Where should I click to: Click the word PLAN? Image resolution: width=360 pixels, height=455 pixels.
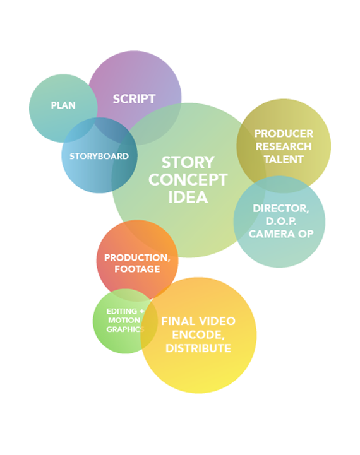click(63, 105)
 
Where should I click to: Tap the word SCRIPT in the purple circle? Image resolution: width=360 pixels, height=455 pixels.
click(134, 99)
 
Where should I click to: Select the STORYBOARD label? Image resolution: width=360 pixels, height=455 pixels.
click(99, 156)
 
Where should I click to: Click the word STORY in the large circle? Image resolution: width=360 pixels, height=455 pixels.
click(188, 163)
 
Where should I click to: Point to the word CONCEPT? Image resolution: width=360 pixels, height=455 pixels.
click(188, 180)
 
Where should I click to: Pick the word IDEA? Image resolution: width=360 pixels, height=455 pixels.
click(188, 198)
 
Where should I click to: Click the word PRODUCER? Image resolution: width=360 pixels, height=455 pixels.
click(284, 134)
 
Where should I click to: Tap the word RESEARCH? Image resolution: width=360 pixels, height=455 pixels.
click(284, 146)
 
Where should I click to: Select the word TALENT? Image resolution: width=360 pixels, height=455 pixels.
click(284, 159)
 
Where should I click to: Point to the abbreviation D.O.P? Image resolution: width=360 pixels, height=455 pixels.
click(281, 221)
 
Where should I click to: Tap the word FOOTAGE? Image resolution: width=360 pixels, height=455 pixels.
click(137, 269)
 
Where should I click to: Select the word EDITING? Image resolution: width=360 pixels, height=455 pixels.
click(122, 311)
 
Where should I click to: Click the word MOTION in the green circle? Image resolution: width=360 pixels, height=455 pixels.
click(124, 320)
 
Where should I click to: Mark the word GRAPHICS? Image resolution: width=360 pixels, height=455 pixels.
click(125, 329)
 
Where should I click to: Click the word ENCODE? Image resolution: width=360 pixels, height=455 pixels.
click(198, 335)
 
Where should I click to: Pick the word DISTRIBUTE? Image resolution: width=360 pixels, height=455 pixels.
click(198, 348)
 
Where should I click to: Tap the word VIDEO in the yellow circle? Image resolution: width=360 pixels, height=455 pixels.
click(217, 321)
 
